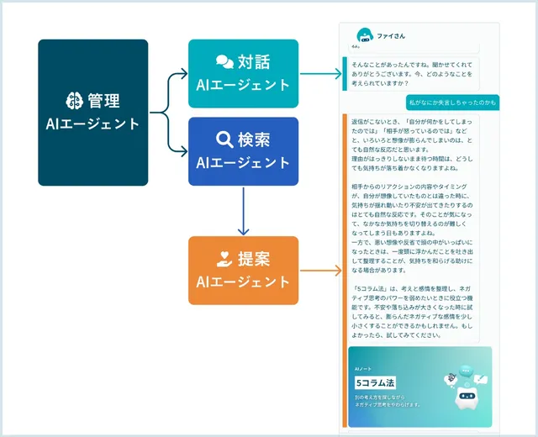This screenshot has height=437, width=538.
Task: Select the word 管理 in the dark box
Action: pyautogui.click(x=105, y=101)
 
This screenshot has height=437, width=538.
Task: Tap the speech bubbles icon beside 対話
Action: pyautogui.click(x=224, y=62)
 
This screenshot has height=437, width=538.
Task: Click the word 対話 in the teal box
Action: pyautogui.click(x=255, y=62)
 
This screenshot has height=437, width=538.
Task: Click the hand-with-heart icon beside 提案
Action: pyautogui.click(x=224, y=259)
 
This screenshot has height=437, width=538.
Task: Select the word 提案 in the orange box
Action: pyautogui.click(x=255, y=259)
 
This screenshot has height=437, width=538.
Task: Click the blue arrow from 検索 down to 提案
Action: pyautogui.click(x=243, y=211)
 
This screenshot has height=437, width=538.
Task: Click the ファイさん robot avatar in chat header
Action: pyautogui.click(x=364, y=36)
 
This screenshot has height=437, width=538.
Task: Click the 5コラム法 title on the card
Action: pyautogui.click(x=375, y=383)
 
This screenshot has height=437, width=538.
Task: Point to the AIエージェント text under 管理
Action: pyautogui.click(x=92, y=124)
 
